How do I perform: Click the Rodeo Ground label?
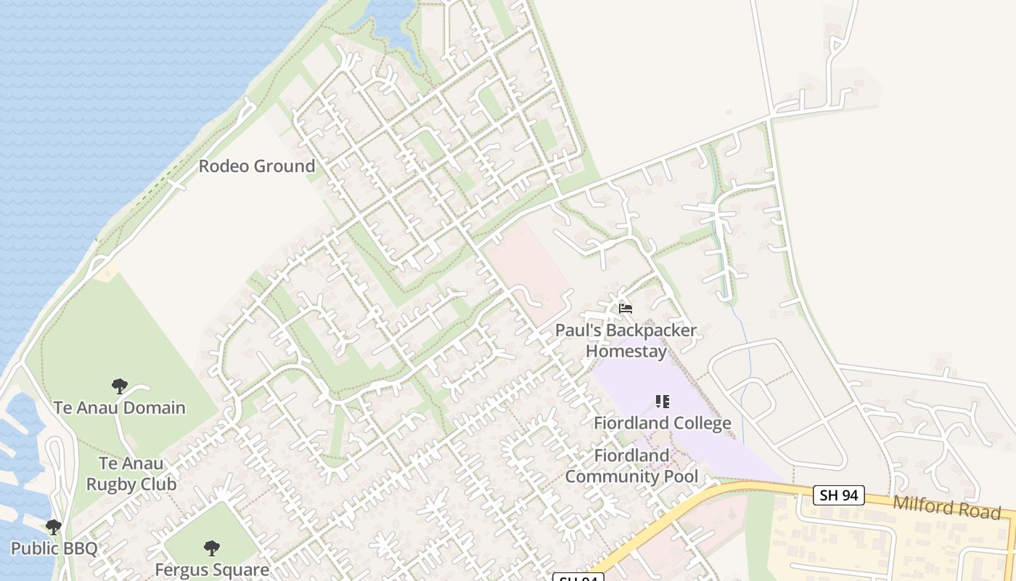pos(257,166)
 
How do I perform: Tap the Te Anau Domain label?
pos(120,407)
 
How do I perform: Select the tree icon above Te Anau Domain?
pos(120,386)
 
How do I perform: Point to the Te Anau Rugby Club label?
pos(131,474)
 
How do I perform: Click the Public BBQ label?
pos(54,548)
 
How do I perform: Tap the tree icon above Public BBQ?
pos(53,527)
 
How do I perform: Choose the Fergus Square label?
pos(212,569)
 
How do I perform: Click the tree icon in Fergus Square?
pos(212,548)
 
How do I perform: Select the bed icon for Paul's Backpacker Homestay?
pos(626,309)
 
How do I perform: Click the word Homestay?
pos(626,352)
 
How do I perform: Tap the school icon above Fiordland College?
pos(662,401)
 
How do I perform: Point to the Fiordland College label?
pos(663,423)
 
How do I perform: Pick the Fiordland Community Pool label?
pos(631,466)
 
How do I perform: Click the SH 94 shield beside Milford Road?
pos(838,495)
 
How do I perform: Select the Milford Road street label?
pos(946,507)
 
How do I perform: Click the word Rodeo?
pos(221,166)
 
